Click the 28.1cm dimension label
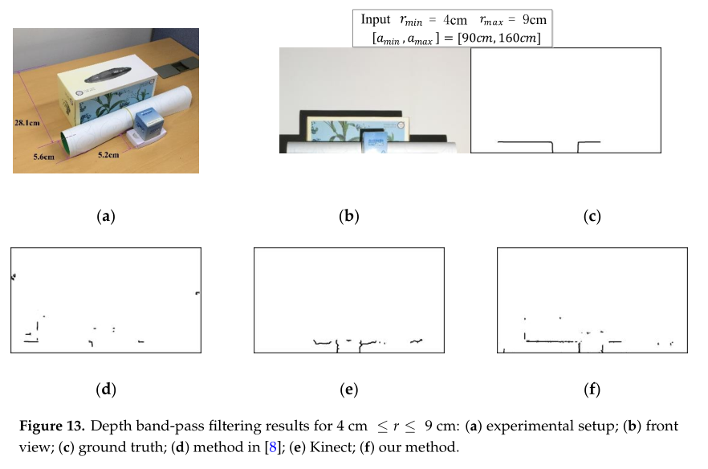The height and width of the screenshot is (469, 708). (29, 123)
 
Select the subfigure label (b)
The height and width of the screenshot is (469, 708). (349, 215)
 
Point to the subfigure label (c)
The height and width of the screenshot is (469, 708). (592, 215)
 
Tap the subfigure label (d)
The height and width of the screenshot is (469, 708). (106, 390)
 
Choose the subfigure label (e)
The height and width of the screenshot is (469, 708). (349, 390)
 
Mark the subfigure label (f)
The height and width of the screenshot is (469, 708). (592, 390)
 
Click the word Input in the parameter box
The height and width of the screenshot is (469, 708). (376, 19)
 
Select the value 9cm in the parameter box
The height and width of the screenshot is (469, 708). (530, 19)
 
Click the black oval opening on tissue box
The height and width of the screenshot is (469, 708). (106, 78)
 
